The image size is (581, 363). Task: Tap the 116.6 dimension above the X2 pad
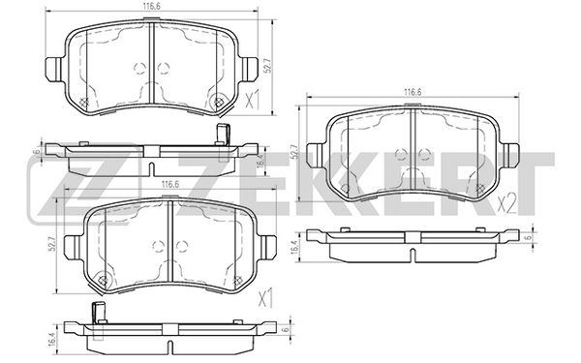coord(413,92)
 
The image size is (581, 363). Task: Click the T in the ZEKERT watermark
coord(532,183)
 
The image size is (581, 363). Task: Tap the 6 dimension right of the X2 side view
coord(529,236)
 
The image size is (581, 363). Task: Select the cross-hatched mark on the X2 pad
coord(480,188)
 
